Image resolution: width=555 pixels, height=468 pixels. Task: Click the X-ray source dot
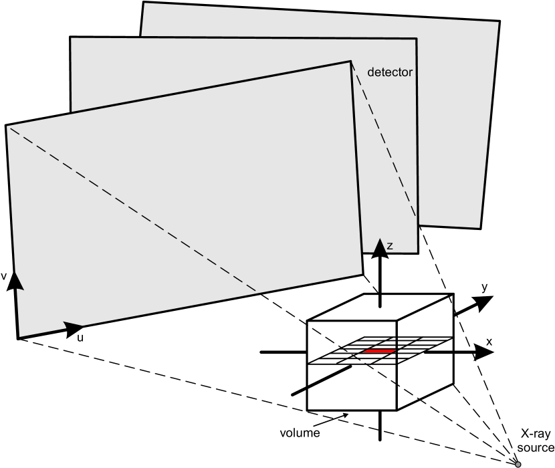[518, 463]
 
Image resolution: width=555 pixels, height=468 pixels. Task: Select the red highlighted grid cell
[378, 351]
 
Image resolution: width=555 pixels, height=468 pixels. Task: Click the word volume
[299, 432]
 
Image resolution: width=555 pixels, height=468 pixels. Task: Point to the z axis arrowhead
[380, 247]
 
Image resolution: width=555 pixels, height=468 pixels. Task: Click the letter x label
[489, 341]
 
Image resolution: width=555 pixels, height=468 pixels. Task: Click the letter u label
[80, 339]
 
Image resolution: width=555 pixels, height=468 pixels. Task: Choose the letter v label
[5, 275]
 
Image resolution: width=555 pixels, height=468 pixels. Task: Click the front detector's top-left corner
[5, 124]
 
